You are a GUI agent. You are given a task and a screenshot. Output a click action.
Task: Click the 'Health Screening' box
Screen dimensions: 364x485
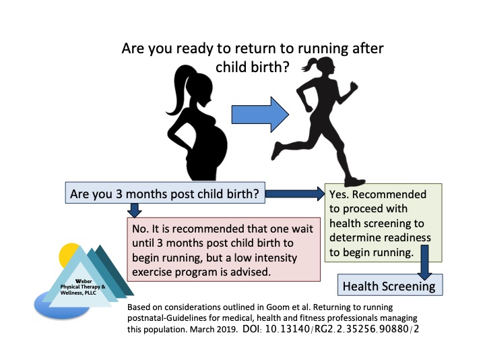[x=389, y=286]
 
